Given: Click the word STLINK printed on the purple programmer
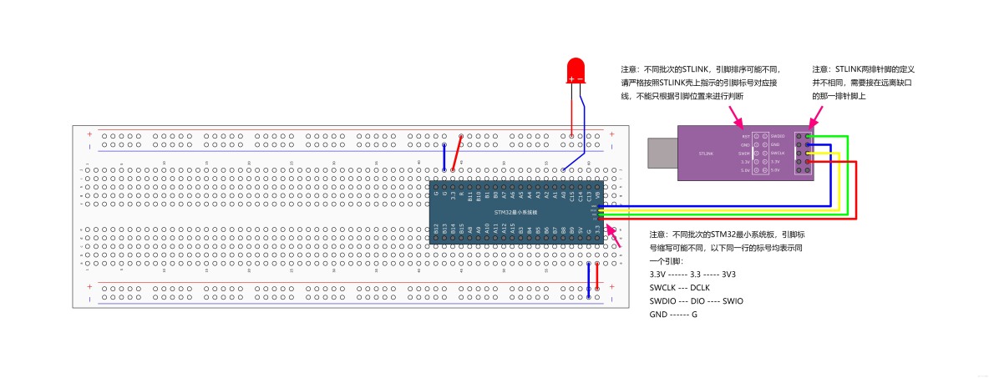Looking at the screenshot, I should [705, 154].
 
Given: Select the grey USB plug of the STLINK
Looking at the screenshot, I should [662, 153].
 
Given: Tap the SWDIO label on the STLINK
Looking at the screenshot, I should [778, 136].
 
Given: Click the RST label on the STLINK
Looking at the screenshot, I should [746, 136].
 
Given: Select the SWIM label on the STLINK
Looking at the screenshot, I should [744, 154].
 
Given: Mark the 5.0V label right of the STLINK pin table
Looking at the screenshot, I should [775, 170].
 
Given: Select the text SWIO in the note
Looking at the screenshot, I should [733, 300].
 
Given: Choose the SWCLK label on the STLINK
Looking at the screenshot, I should [778, 154].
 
